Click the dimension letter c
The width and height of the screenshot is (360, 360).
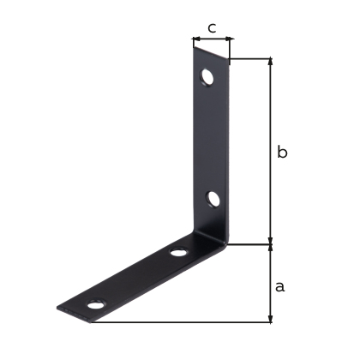[212, 28]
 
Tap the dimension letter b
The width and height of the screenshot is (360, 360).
[282, 152]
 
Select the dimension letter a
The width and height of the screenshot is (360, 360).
[280, 286]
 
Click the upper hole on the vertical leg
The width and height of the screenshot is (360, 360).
[207, 77]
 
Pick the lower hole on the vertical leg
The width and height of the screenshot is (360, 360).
[213, 199]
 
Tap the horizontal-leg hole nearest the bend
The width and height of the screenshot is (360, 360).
[178, 253]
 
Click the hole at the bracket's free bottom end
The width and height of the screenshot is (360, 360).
[96, 304]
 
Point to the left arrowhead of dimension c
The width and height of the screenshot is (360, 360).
[196, 39]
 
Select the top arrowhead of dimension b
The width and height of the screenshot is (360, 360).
[271, 62]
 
